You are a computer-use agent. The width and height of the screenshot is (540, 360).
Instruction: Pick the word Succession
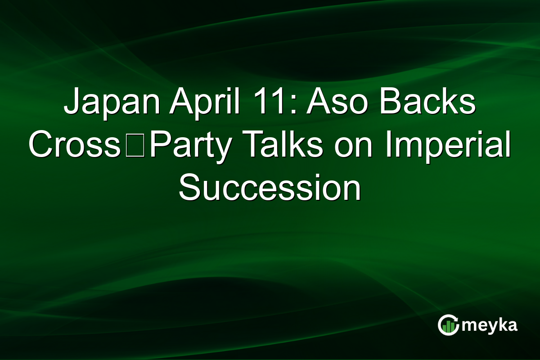[x=270, y=188]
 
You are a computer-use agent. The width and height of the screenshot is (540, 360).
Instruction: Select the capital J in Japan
[x=72, y=104]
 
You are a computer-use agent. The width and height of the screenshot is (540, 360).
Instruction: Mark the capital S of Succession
[x=189, y=188]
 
